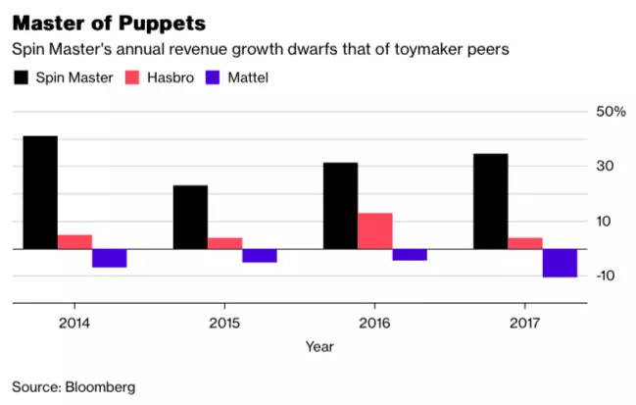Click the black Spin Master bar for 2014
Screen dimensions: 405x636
click(x=40, y=192)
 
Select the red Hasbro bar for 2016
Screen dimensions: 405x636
click(x=375, y=231)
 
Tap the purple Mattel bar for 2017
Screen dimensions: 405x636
click(x=560, y=264)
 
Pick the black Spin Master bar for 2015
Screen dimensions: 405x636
click(x=190, y=218)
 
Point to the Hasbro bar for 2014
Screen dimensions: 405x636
click(x=74, y=242)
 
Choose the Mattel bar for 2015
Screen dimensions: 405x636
click(x=260, y=256)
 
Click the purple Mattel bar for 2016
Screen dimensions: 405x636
click(x=410, y=255)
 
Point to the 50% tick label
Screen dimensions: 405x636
click(x=611, y=112)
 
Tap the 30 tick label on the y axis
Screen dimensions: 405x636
click(x=608, y=167)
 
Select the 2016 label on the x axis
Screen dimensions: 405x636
click(x=375, y=322)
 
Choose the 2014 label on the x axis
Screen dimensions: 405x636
click(x=74, y=322)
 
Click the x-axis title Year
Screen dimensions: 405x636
click(x=318, y=346)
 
